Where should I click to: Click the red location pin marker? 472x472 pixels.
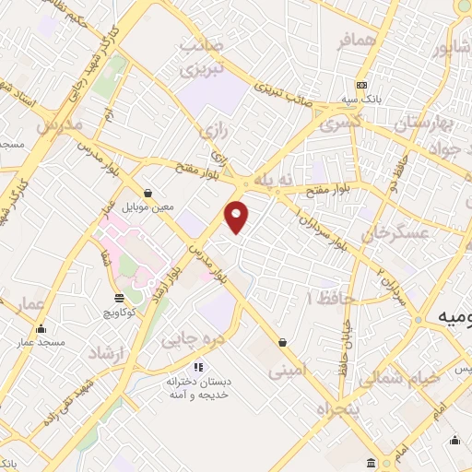(238, 217)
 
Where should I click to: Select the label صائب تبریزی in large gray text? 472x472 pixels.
(202, 57)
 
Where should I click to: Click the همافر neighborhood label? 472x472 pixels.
(333, 41)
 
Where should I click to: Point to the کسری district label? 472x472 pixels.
(339, 122)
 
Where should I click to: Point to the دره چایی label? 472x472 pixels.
(193, 339)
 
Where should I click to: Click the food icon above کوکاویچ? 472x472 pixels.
(119, 297)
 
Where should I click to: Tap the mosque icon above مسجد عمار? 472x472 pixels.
(40, 329)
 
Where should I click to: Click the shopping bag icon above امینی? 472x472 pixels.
(281, 343)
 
